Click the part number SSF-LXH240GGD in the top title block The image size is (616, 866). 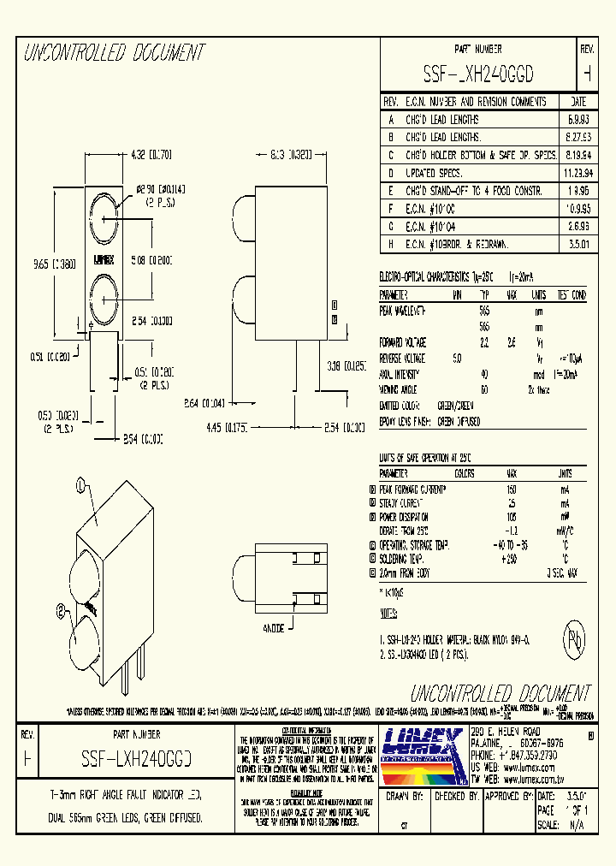[x=478, y=74]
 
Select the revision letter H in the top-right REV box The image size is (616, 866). [x=587, y=74]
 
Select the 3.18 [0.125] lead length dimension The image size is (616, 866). [x=347, y=365]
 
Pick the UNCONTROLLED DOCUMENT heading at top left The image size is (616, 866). [x=115, y=54]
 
